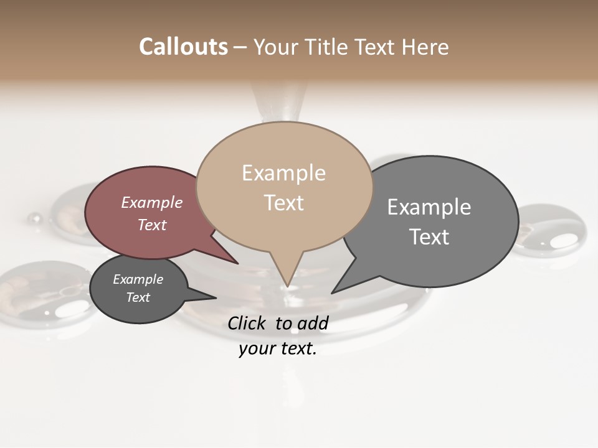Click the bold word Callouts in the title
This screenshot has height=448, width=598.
183,47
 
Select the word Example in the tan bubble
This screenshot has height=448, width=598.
283,173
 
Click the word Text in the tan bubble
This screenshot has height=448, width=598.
284,203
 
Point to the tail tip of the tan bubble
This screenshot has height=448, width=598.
287,286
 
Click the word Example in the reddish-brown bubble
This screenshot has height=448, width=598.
151,202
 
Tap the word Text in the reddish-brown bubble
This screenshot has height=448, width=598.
152,225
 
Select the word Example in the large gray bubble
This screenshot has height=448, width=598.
429,207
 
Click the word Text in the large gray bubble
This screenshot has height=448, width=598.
429,236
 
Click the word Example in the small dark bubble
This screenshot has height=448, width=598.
138,279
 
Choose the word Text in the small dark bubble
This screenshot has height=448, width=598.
138,297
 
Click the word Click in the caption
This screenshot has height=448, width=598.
247,323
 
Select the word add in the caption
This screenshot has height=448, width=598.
313,323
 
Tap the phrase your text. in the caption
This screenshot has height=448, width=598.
278,348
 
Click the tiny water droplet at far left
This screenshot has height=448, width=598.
35,218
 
